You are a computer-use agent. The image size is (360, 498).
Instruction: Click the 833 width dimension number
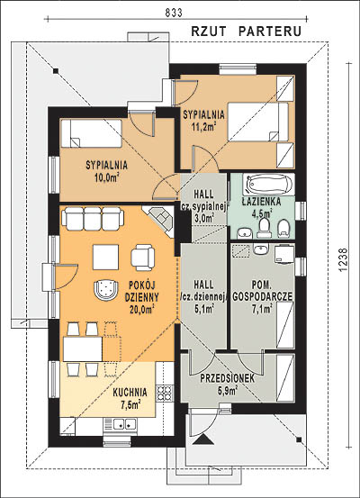174,13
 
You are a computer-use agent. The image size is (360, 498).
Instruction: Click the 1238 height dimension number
344,259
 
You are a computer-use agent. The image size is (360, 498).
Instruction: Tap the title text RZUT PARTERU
247,32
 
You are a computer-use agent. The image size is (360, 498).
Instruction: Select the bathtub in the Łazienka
269,185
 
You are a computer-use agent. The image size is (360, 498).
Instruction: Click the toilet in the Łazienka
264,228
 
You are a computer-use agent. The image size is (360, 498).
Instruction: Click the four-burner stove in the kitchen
165,394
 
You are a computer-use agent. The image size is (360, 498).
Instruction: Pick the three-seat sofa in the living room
93,218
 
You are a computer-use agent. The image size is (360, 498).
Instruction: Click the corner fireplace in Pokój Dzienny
159,219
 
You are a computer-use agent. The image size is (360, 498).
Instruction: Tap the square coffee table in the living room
105,257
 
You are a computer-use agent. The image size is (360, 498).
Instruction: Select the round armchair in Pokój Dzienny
106,290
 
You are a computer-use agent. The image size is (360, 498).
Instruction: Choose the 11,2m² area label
203,127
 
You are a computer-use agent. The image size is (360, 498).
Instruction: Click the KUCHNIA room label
130,393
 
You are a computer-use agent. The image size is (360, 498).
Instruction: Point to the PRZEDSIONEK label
228,378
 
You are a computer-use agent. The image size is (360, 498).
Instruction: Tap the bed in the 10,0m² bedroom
92,133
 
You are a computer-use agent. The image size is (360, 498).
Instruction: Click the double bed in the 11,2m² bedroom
258,122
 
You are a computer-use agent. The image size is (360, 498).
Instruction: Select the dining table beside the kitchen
83,349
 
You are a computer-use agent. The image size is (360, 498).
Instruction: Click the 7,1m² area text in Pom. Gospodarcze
262,308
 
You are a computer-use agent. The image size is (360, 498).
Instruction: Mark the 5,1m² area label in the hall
203,308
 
